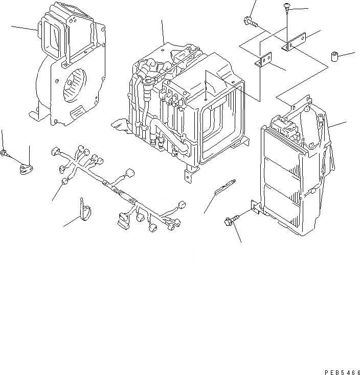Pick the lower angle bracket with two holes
tap(264, 61)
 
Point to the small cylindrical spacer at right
tap(336, 56)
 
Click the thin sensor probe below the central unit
tap(223, 186)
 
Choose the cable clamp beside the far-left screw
tap(26, 168)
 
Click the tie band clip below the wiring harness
tap(85, 209)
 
